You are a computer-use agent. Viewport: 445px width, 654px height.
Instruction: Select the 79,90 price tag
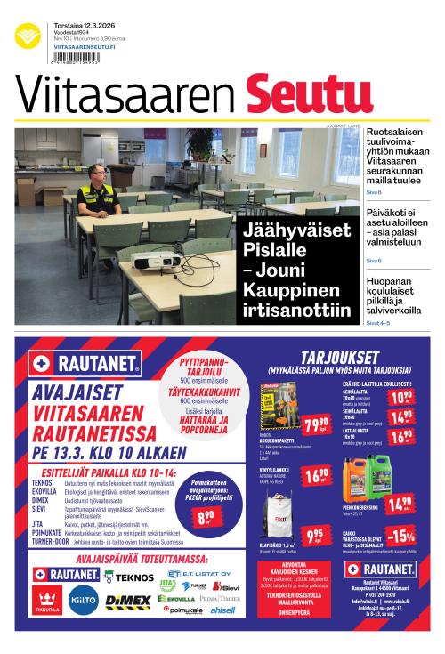pos(315,424)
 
